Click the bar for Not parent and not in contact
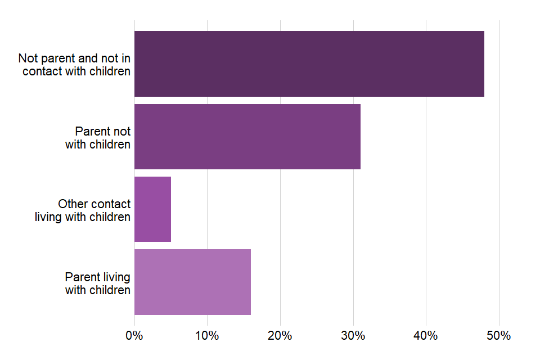[x=309, y=64]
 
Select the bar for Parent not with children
[x=247, y=136]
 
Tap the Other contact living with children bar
[x=152, y=209]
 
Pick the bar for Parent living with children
[x=192, y=282]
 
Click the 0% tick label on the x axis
[x=134, y=336]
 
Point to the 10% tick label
[x=207, y=336]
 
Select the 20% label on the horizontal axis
[x=280, y=336]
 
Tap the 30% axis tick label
[x=353, y=336]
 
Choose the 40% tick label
[x=426, y=336]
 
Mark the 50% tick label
[x=498, y=336]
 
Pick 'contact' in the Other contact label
[x=110, y=204]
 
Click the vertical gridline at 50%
[x=499, y=169]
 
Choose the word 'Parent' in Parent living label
[x=82, y=277]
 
